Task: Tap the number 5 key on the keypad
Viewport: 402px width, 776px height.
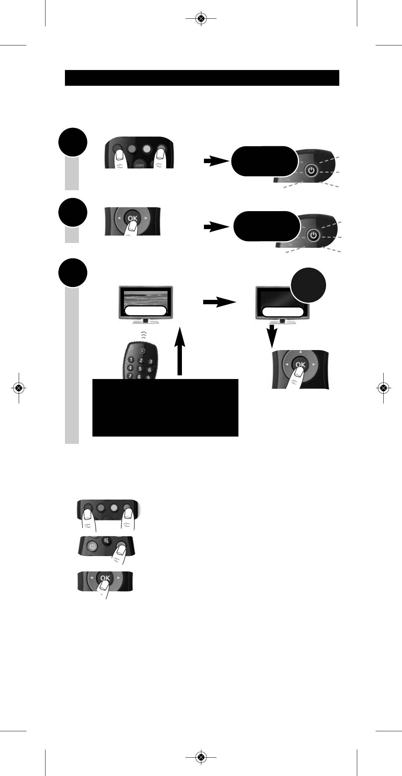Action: (x=140, y=369)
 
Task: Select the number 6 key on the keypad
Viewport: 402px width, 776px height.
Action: (x=149, y=370)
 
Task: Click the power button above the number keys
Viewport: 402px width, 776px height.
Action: (x=142, y=350)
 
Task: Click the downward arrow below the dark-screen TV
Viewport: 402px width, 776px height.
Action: (x=272, y=336)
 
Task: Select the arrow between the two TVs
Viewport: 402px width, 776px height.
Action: (x=219, y=302)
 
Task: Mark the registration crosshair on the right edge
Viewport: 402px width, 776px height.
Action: (x=383, y=387)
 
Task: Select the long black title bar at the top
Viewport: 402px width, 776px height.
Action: (x=202, y=78)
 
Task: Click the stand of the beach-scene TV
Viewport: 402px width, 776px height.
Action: (x=146, y=321)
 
